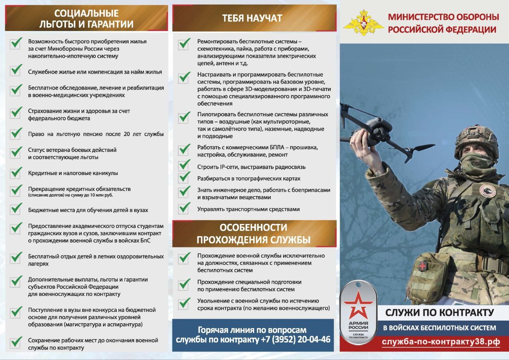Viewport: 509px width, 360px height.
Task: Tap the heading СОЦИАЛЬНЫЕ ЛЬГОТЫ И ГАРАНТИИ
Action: point(87,19)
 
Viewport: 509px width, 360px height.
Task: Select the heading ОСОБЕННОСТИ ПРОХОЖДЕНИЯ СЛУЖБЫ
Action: point(254,234)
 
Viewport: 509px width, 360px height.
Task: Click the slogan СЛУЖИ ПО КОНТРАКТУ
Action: point(439,313)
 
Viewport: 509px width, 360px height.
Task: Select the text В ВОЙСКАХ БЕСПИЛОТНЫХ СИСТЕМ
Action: point(439,328)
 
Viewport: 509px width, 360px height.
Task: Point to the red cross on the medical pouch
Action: point(423,266)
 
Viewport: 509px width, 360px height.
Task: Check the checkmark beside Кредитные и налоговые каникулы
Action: point(17,173)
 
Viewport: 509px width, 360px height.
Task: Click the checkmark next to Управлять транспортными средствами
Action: point(185,208)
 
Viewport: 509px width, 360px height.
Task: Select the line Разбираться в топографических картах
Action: point(249,179)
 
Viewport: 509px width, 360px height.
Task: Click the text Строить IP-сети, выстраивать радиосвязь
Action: point(251,167)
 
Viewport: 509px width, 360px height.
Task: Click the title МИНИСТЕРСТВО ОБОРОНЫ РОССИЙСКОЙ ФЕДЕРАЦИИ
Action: point(443,23)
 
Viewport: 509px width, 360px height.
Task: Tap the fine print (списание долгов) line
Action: point(70,195)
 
